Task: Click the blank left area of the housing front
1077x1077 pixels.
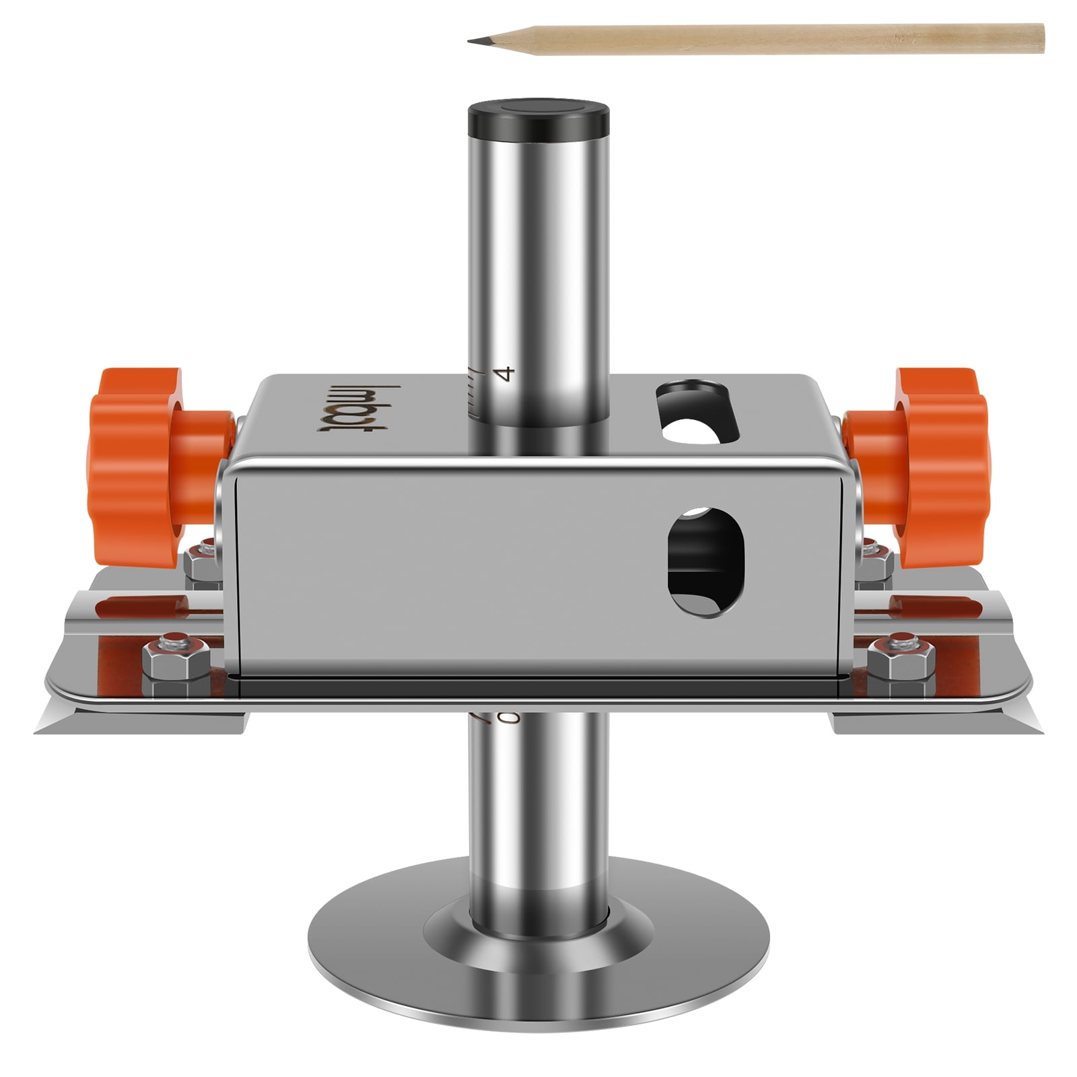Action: [404, 565]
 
